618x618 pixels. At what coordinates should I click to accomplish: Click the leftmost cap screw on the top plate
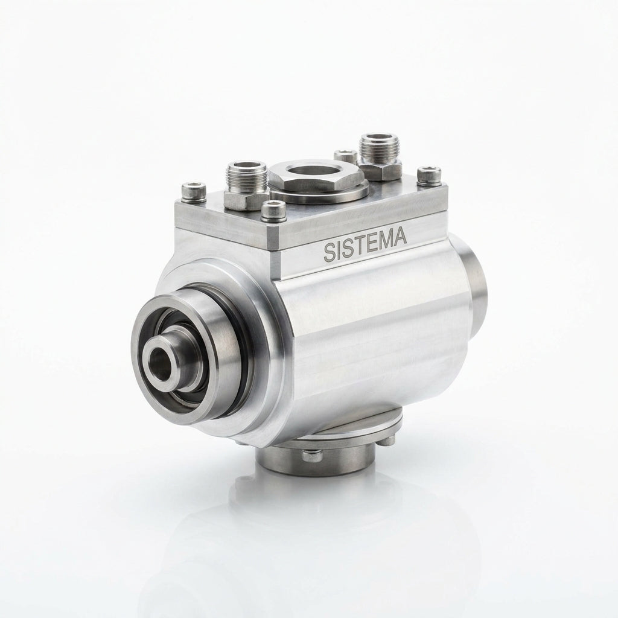194,192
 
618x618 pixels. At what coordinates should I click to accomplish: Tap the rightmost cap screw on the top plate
429,176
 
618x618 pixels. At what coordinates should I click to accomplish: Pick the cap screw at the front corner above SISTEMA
273,210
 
